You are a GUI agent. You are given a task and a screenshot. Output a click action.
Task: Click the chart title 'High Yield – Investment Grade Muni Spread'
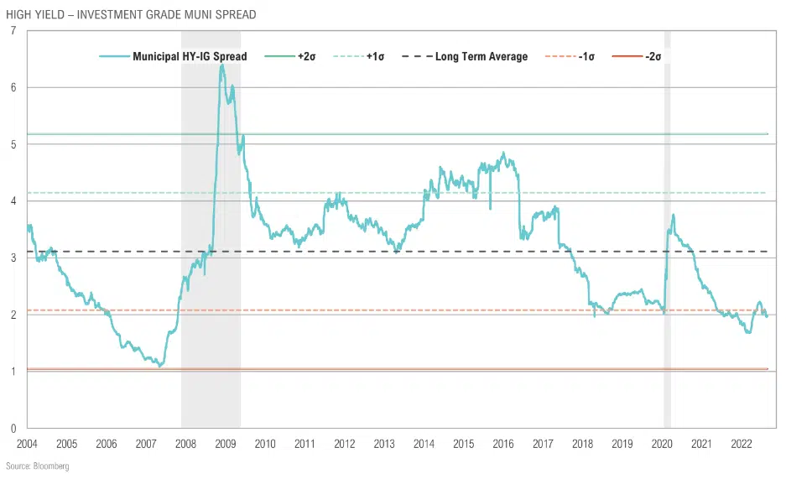131,14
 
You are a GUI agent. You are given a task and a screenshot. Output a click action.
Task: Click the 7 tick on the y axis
13,31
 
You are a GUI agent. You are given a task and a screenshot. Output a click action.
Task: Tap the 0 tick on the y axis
13,428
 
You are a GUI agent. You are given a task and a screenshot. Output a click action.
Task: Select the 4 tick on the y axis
13,201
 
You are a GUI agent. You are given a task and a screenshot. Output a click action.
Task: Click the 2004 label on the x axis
27,442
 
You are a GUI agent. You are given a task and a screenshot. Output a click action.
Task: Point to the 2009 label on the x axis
225,442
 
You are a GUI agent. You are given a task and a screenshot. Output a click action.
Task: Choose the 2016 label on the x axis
503,442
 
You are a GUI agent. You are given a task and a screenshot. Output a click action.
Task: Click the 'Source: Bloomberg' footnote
37,466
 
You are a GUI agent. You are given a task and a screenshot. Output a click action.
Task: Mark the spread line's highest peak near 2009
221,65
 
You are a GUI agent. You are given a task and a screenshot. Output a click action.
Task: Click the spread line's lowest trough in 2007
159,367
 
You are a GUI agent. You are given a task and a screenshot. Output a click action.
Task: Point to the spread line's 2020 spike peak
674,216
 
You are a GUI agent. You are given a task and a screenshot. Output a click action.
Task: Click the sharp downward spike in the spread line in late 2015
490,206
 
